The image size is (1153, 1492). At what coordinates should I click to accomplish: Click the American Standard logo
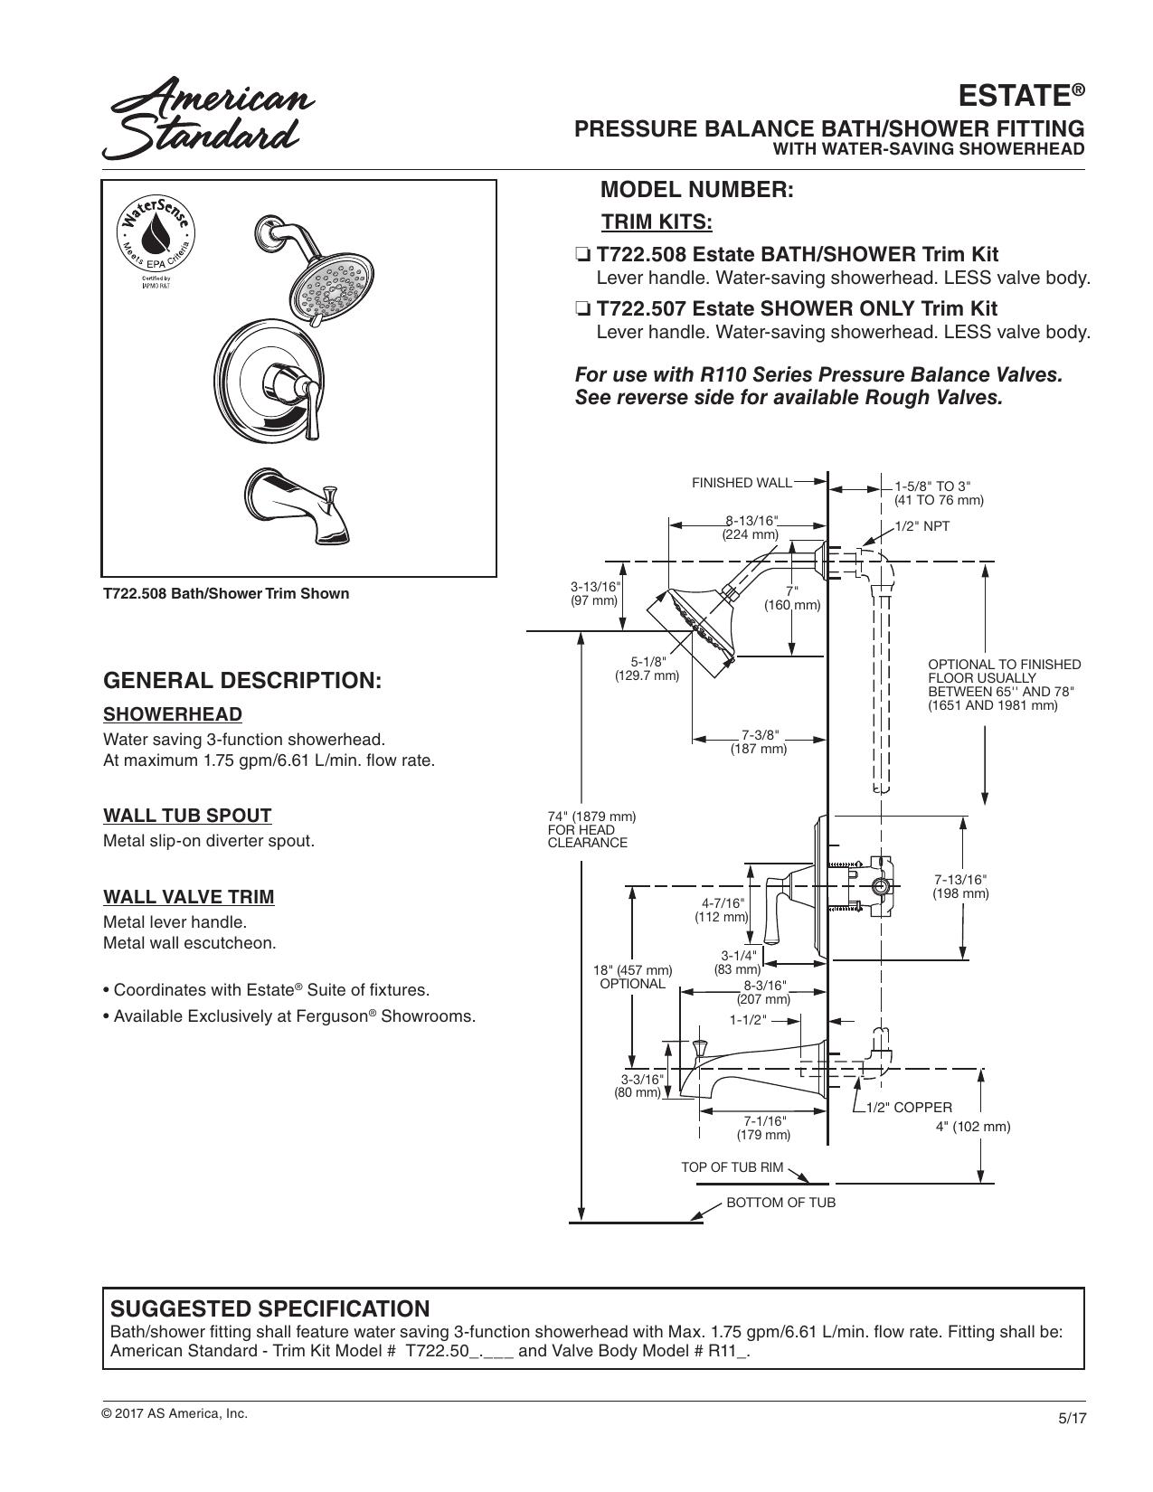click(x=209, y=118)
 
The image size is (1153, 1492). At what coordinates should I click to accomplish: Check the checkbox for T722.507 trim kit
click(x=582, y=310)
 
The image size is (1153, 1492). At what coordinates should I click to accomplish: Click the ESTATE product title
click(x=1021, y=96)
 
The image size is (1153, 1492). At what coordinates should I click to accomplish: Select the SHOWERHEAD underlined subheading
click(x=173, y=714)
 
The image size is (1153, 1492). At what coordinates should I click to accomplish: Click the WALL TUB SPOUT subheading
click(x=187, y=816)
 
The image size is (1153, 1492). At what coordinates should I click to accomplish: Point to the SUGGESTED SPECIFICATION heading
click(x=269, y=1308)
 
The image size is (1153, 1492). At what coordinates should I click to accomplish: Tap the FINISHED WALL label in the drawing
click(x=742, y=483)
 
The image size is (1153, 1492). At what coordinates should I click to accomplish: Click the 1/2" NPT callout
click(x=921, y=526)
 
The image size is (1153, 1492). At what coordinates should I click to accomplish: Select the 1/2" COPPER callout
click(x=909, y=1109)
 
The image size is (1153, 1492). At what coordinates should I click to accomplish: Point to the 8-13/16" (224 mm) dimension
click(x=751, y=527)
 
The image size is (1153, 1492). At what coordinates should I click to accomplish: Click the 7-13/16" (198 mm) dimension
click(x=960, y=886)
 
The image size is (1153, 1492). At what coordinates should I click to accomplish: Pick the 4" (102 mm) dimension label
click(x=973, y=1127)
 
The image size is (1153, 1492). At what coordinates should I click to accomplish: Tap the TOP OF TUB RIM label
click(x=732, y=1168)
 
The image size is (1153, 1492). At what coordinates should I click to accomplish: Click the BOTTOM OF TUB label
click(x=780, y=1203)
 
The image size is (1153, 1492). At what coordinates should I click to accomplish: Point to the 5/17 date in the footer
click(x=1072, y=1417)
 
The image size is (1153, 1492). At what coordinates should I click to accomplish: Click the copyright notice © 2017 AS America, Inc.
click(x=175, y=1413)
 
